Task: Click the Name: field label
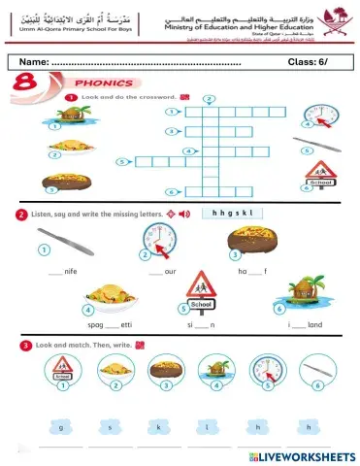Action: click(x=34, y=63)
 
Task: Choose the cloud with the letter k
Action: click(x=157, y=425)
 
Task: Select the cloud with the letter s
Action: click(x=110, y=425)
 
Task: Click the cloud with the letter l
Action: click(x=206, y=425)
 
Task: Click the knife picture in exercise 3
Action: click(x=315, y=368)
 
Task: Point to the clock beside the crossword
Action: click(x=319, y=116)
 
